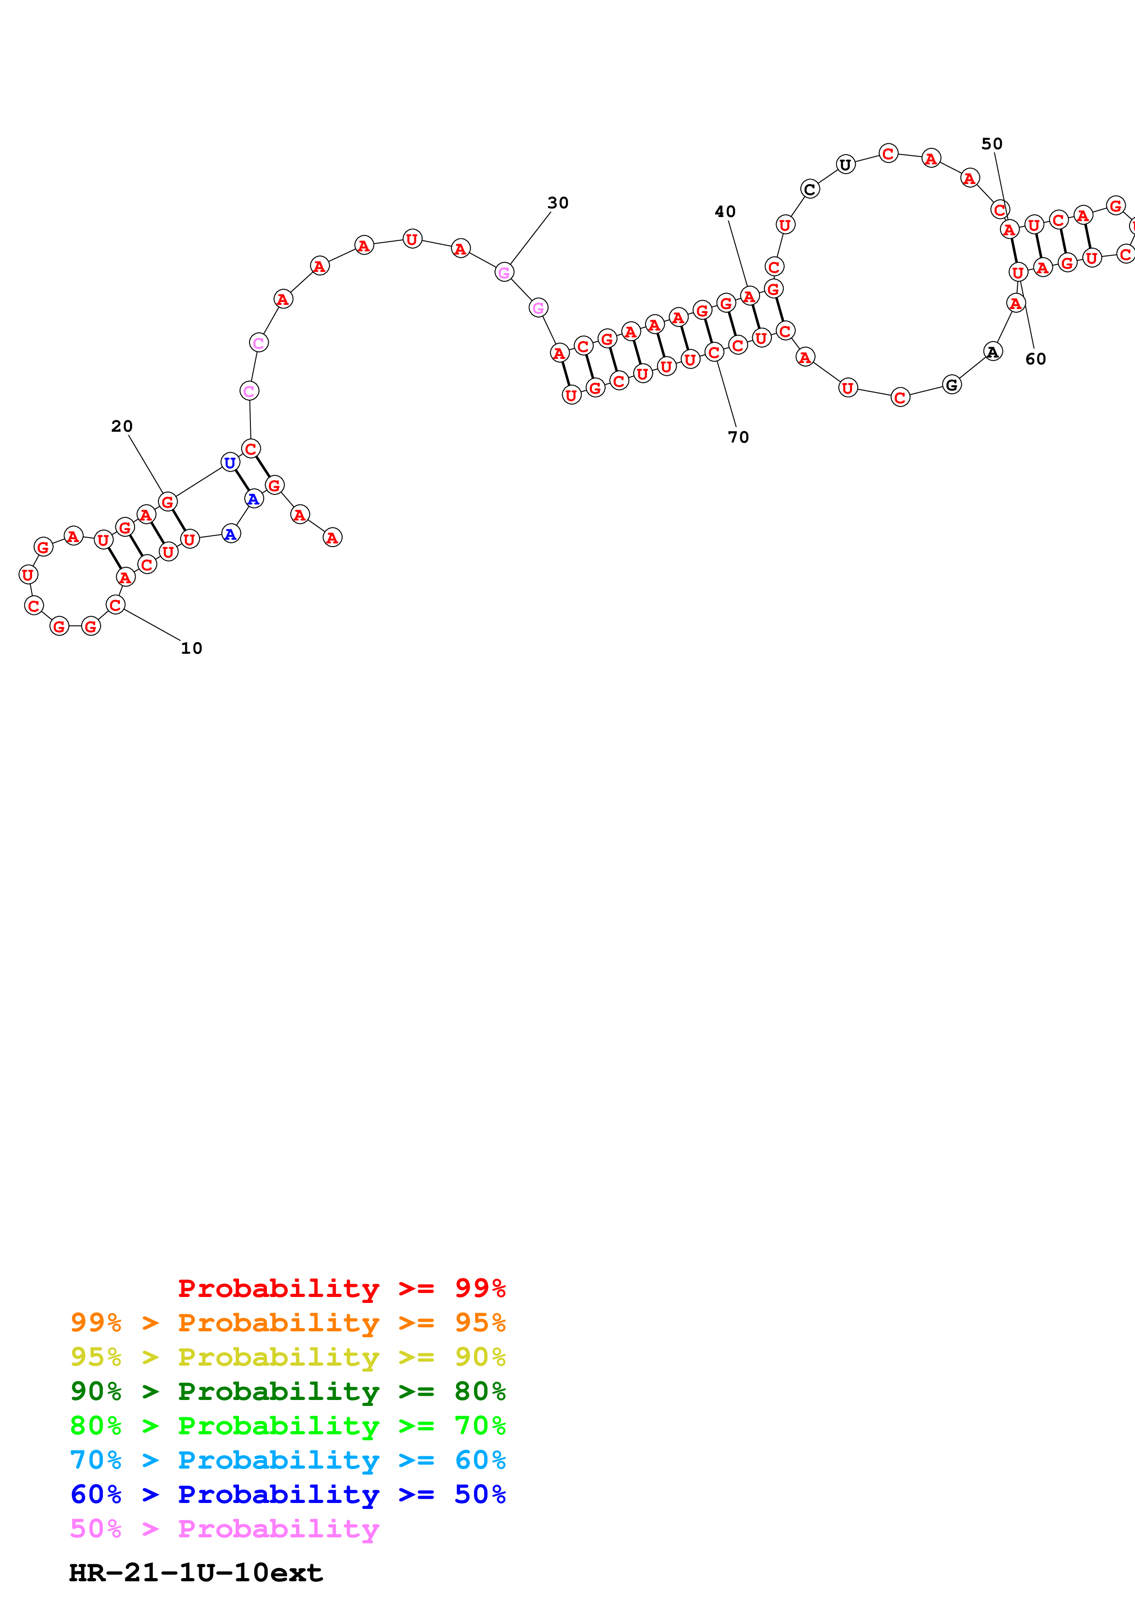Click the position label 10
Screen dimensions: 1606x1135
tap(191, 648)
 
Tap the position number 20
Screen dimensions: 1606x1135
tap(122, 426)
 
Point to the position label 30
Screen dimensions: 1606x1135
tap(557, 203)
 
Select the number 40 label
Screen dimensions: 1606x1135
tap(724, 211)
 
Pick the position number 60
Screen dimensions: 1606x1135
tap(1035, 359)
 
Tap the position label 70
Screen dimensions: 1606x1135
tap(738, 437)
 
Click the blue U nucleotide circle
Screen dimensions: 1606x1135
tap(229, 462)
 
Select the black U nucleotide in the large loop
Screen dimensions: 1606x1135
tap(846, 165)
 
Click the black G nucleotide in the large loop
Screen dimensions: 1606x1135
tap(951, 385)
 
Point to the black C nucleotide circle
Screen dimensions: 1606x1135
tap(810, 189)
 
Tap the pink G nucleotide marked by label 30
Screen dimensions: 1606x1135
tap(504, 272)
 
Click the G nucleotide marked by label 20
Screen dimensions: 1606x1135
tap(167, 501)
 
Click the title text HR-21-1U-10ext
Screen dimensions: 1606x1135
tap(196, 1573)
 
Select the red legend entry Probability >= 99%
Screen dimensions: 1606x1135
tap(341, 1288)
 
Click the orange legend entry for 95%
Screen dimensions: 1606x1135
tap(288, 1323)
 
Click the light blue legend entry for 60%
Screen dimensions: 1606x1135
tap(288, 1460)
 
